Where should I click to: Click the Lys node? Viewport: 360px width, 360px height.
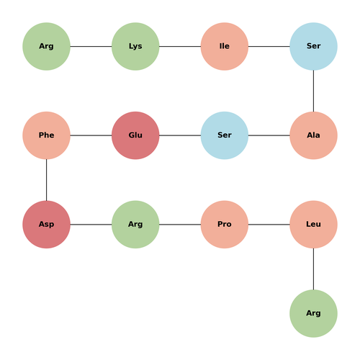[x=135, y=46]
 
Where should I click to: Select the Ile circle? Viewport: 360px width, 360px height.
[x=225, y=46]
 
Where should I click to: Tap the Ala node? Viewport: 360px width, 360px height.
[x=313, y=135]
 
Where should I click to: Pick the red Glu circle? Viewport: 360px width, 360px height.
[x=135, y=135]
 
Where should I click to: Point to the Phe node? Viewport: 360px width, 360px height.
[x=46, y=135]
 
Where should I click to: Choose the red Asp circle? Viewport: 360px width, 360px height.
[x=46, y=225]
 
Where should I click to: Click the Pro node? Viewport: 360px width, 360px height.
[x=225, y=225]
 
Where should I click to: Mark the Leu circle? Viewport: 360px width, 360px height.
[x=313, y=225]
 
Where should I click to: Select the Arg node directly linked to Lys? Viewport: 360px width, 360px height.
[x=46, y=46]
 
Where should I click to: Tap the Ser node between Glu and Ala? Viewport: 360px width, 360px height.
[x=225, y=135]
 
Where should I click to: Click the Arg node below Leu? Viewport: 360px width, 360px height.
[x=313, y=313]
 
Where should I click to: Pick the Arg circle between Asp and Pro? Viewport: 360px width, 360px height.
[x=135, y=225]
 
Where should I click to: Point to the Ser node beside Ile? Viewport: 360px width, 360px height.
[x=313, y=46]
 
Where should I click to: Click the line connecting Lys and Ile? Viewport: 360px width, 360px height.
[x=180, y=46]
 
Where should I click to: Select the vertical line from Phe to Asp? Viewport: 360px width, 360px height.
[x=46, y=180]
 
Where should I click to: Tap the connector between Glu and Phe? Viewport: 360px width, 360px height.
[x=91, y=135]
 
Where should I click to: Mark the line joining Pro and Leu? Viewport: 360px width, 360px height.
[x=269, y=225]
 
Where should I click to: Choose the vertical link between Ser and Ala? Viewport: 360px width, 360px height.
[x=313, y=91]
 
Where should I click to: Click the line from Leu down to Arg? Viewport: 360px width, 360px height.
[x=313, y=269]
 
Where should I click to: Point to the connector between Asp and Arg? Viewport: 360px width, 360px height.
[x=91, y=225]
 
